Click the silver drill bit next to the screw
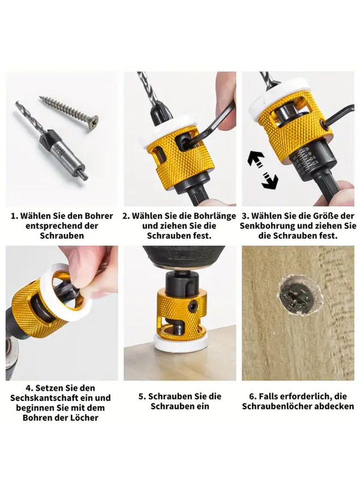click(51, 141)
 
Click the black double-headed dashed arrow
click(263, 170)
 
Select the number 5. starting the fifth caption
click(142, 397)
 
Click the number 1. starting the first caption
click(14, 216)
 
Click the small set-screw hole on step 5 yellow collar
click(194, 304)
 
